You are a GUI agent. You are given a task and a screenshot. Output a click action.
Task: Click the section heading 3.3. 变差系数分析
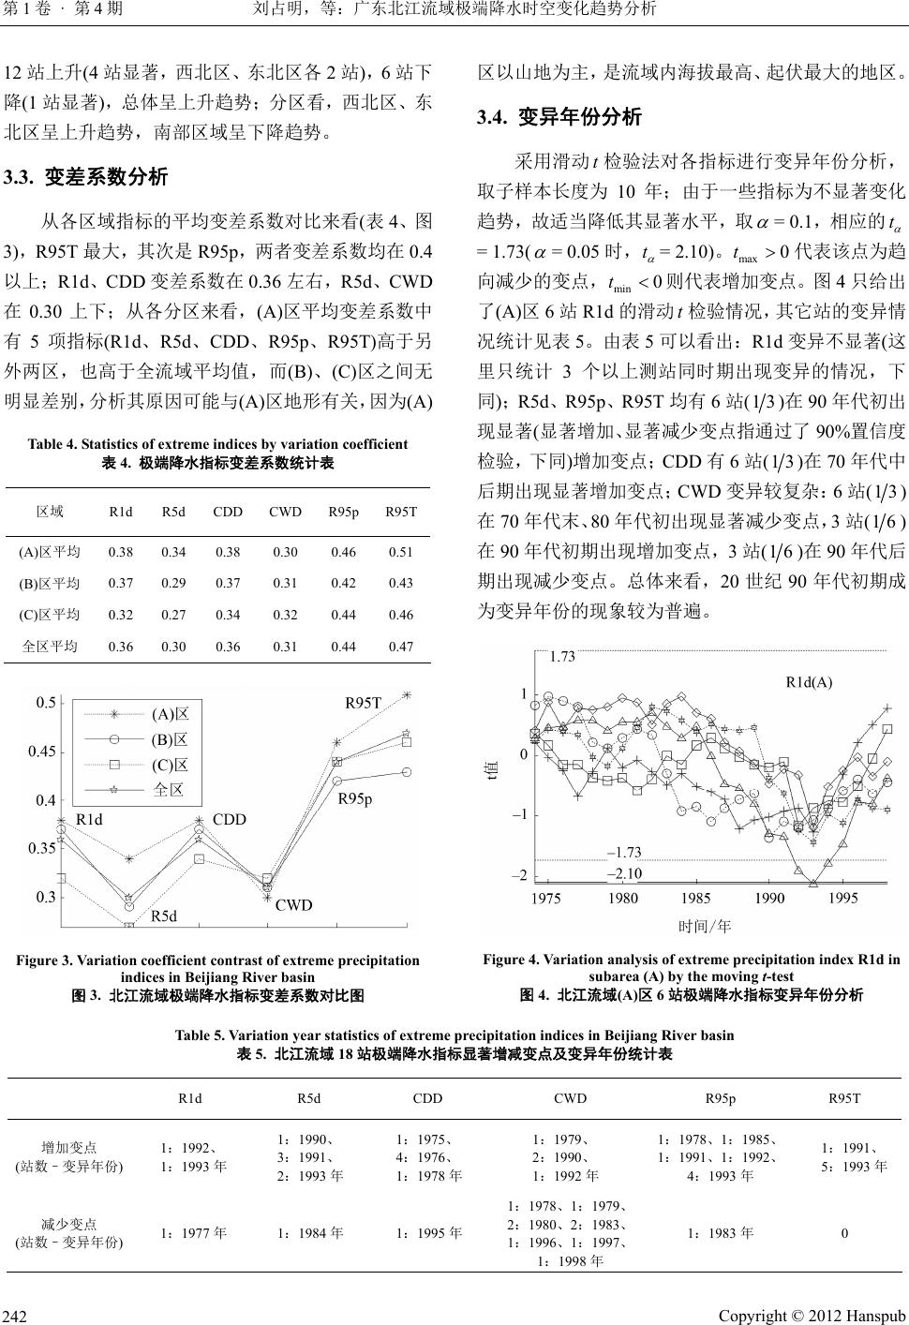point(86,176)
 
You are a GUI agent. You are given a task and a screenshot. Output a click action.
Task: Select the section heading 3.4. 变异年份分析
point(559,117)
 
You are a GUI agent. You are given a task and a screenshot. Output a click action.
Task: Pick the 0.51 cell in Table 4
point(400,552)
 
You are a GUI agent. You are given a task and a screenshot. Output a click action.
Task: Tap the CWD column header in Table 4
point(285,512)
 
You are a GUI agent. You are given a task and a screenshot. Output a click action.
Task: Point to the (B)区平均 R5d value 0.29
point(173,583)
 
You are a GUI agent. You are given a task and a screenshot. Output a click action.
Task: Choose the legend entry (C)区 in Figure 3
point(169,764)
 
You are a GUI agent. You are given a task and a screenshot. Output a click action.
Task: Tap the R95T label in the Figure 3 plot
point(364,702)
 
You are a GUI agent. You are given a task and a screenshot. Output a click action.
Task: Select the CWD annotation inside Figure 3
point(293,905)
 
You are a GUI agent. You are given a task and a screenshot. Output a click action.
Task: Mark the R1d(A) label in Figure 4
point(808,682)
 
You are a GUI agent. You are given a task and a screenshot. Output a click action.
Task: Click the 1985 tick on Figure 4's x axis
point(696,899)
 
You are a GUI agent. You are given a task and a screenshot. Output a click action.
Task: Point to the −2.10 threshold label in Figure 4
point(624,873)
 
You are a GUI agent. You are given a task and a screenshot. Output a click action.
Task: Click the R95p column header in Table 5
point(720,1098)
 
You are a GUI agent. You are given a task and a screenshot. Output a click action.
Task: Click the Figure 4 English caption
point(692,967)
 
